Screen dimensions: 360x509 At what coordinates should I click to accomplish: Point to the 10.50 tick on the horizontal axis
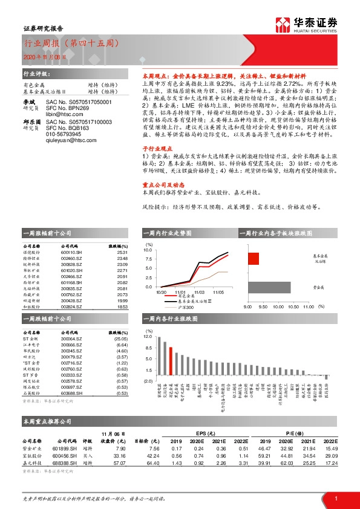pyautogui.click(x=293, y=307)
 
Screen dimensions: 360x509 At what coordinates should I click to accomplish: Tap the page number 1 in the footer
pyautogui.click(x=335, y=498)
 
